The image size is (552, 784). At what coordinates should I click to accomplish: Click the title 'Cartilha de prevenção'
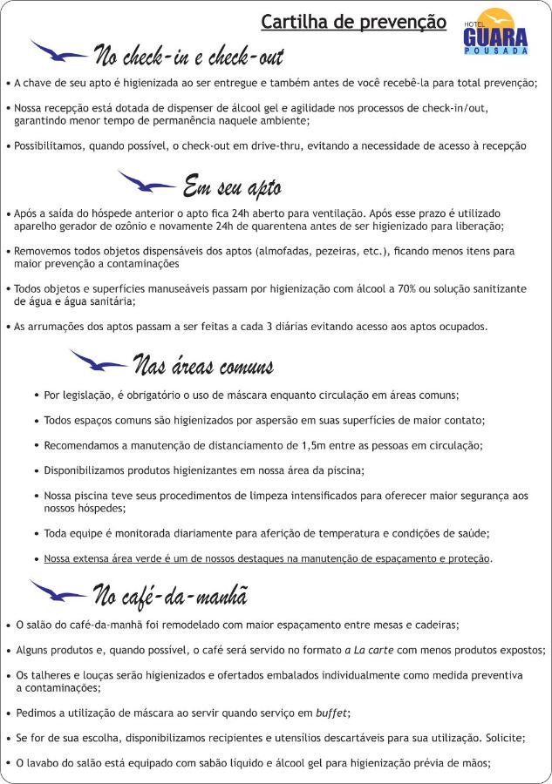click(353, 22)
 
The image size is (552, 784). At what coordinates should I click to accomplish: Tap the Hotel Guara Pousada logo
click(495, 32)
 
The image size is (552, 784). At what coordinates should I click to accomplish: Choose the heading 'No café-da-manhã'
click(170, 595)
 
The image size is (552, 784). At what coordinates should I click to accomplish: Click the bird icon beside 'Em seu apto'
click(146, 181)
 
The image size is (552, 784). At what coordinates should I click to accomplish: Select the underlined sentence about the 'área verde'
click(268, 558)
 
